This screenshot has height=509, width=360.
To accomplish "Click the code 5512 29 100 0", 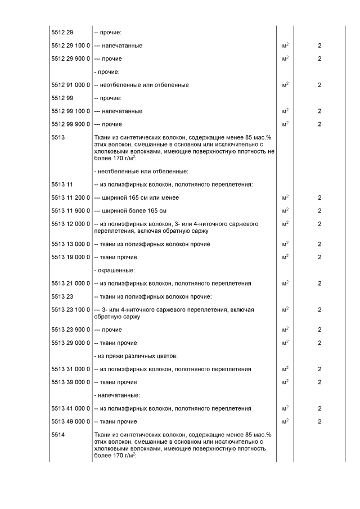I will tap(70, 46).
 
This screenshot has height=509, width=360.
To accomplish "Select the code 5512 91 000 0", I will tap(70, 85).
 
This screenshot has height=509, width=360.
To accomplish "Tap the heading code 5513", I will tap(58, 137).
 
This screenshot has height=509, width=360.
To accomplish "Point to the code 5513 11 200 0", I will tap(70, 197).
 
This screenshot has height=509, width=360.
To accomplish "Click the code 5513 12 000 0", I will tap(70, 224).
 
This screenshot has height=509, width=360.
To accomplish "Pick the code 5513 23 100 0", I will tap(70, 309).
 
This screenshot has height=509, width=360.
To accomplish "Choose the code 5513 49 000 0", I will tap(70, 421).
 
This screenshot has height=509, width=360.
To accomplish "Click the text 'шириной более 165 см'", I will tap(130, 211).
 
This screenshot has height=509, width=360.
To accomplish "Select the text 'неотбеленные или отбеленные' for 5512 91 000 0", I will tap(141, 85).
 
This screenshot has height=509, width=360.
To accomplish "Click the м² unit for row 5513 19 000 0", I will tap(285, 257).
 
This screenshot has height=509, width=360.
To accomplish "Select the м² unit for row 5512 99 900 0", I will tap(285, 124).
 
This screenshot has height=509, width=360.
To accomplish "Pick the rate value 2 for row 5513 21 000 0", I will tap(319, 283).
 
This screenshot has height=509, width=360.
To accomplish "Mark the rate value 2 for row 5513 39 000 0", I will tap(319, 382).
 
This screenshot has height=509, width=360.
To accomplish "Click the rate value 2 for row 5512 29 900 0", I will tap(319, 58).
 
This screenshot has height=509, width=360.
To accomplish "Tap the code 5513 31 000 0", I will tap(70, 369).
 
